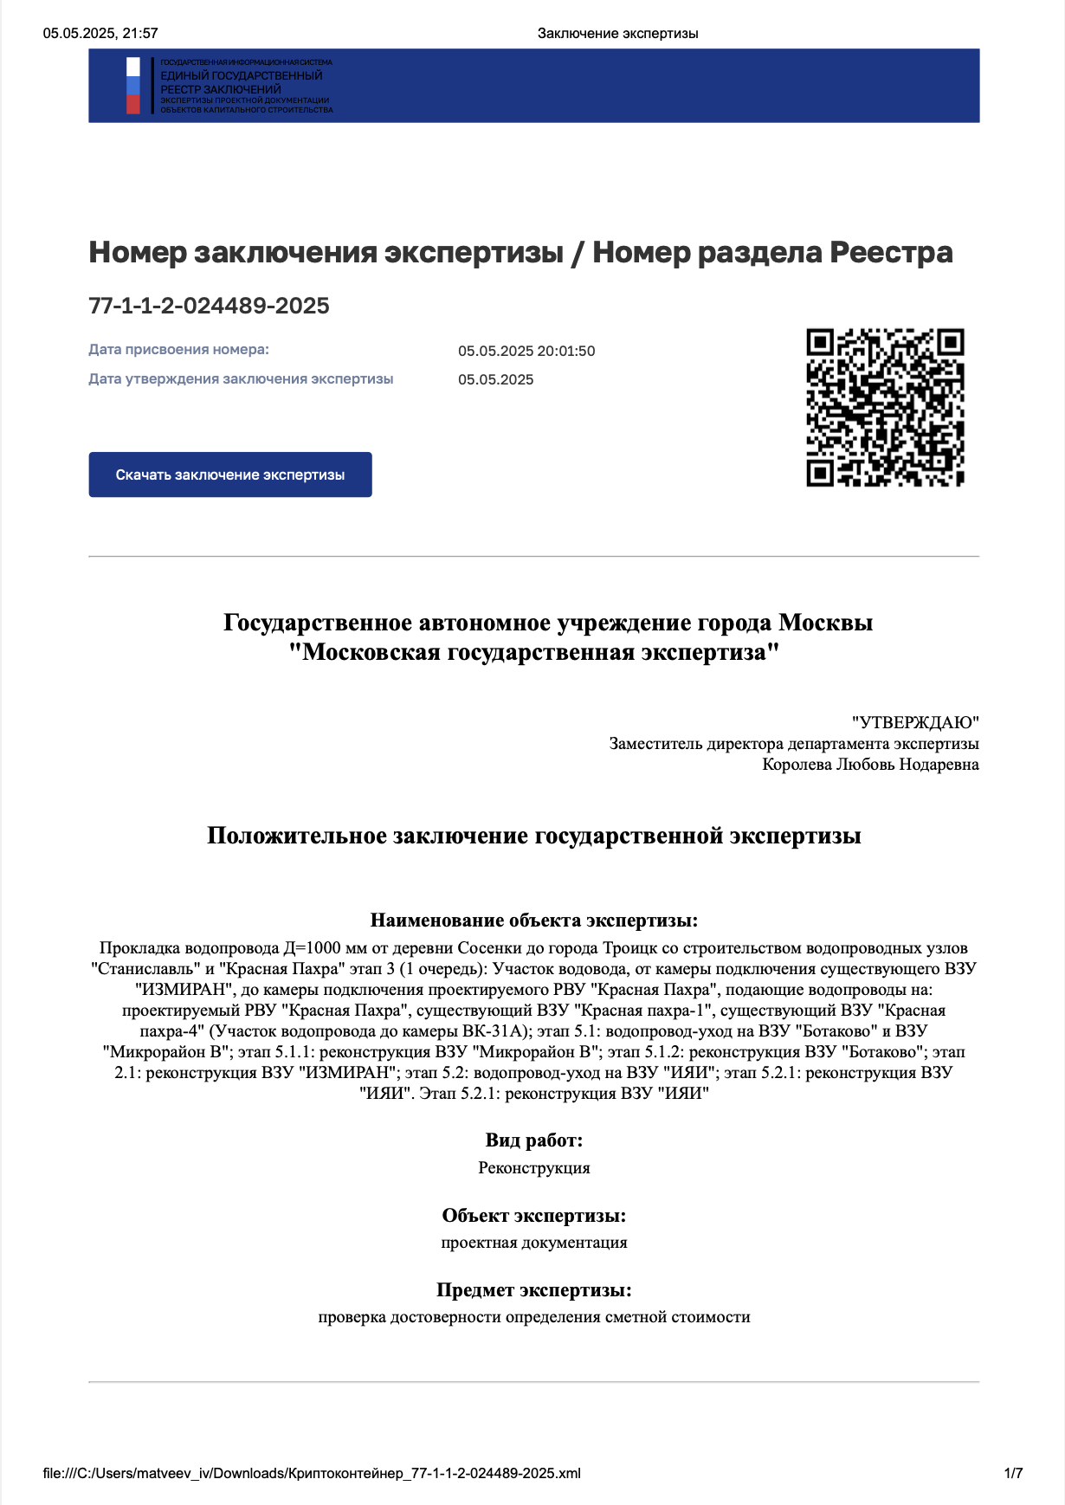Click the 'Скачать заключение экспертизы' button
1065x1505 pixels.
[x=230, y=475]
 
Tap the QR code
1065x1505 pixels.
[x=885, y=407]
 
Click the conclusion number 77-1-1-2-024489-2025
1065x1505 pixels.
[x=210, y=306]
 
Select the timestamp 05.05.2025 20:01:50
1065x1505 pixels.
[x=526, y=351]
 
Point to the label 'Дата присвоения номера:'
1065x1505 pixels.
[x=178, y=350]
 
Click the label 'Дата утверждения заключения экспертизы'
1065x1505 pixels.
[x=241, y=379]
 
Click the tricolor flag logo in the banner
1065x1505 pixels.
[x=133, y=86]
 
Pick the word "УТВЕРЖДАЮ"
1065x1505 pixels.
[x=915, y=722]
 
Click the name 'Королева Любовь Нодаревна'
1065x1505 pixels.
[x=870, y=764]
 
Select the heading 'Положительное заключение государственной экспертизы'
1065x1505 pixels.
[x=533, y=836]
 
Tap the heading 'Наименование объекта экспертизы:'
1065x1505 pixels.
[x=533, y=920]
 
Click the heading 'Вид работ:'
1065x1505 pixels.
[x=533, y=1140]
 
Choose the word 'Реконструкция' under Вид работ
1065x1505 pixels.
[x=533, y=1167]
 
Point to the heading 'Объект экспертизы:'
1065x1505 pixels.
[x=533, y=1216]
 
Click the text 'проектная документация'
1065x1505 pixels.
[x=533, y=1243]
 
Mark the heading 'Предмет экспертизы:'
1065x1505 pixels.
[x=533, y=1290]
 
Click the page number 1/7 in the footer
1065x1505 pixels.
[x=1013, y=1473]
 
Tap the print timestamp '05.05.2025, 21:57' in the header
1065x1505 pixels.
[x=100, y=34]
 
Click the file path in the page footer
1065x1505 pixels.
[x=312, y=1473]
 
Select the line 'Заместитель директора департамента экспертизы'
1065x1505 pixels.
[x=794, y=743]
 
